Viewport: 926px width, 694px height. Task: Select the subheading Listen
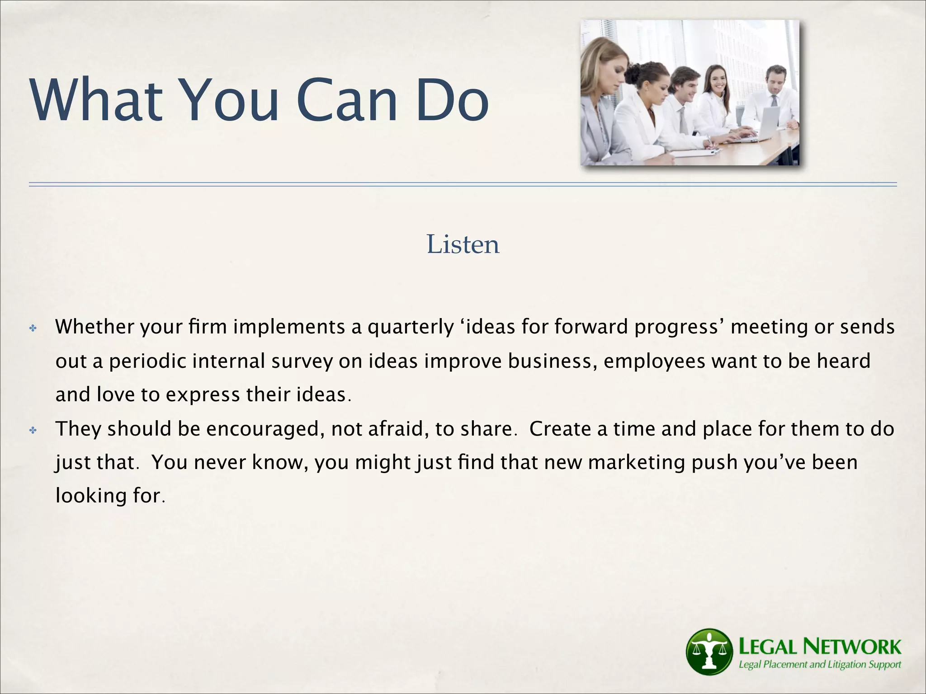coord(463,244)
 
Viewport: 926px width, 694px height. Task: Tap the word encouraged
coord(265,429)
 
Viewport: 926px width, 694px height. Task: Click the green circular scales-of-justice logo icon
coord(709,651)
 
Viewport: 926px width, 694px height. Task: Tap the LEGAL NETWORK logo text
coord(819,647)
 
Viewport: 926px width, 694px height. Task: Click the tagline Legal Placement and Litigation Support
coord(819,665)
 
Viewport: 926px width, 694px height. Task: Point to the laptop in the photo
coord(764,124)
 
